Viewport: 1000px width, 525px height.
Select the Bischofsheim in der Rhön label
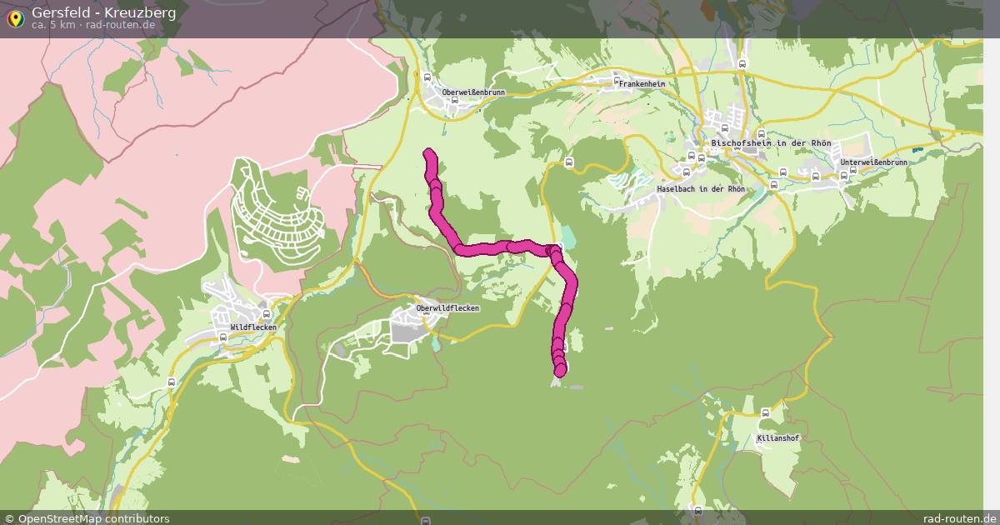coord(771,143)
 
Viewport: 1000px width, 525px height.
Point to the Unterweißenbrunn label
coord(873,162)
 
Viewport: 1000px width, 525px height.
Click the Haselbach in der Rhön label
coord(700,189)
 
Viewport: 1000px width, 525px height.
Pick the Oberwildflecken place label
coord(447,308)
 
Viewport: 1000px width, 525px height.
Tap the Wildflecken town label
coord(253,327)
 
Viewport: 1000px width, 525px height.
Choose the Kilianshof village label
coord(778,438)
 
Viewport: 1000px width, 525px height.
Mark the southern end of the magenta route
coord(560,369)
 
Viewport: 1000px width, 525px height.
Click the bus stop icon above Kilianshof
coord(765,412)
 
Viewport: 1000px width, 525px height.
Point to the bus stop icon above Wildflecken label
coord(265,315)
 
